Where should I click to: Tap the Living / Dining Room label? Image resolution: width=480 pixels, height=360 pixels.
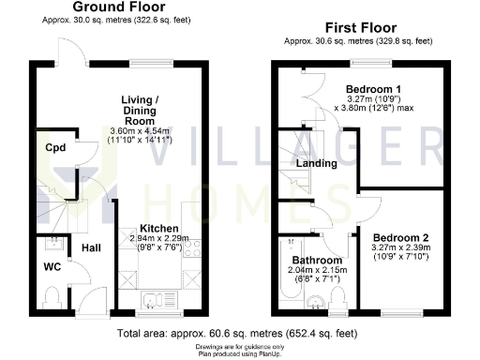point(144,107)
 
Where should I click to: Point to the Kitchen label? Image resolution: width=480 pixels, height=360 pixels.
point(159,228)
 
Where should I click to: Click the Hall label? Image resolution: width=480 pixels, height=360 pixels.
point(91,248)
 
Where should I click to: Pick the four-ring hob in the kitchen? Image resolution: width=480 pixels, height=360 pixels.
point(193,247)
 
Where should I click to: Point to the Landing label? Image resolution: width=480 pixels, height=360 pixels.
point(316,164)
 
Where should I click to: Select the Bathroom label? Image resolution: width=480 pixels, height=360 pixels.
point(316,259)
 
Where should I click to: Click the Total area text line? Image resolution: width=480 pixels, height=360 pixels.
point(236,333)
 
